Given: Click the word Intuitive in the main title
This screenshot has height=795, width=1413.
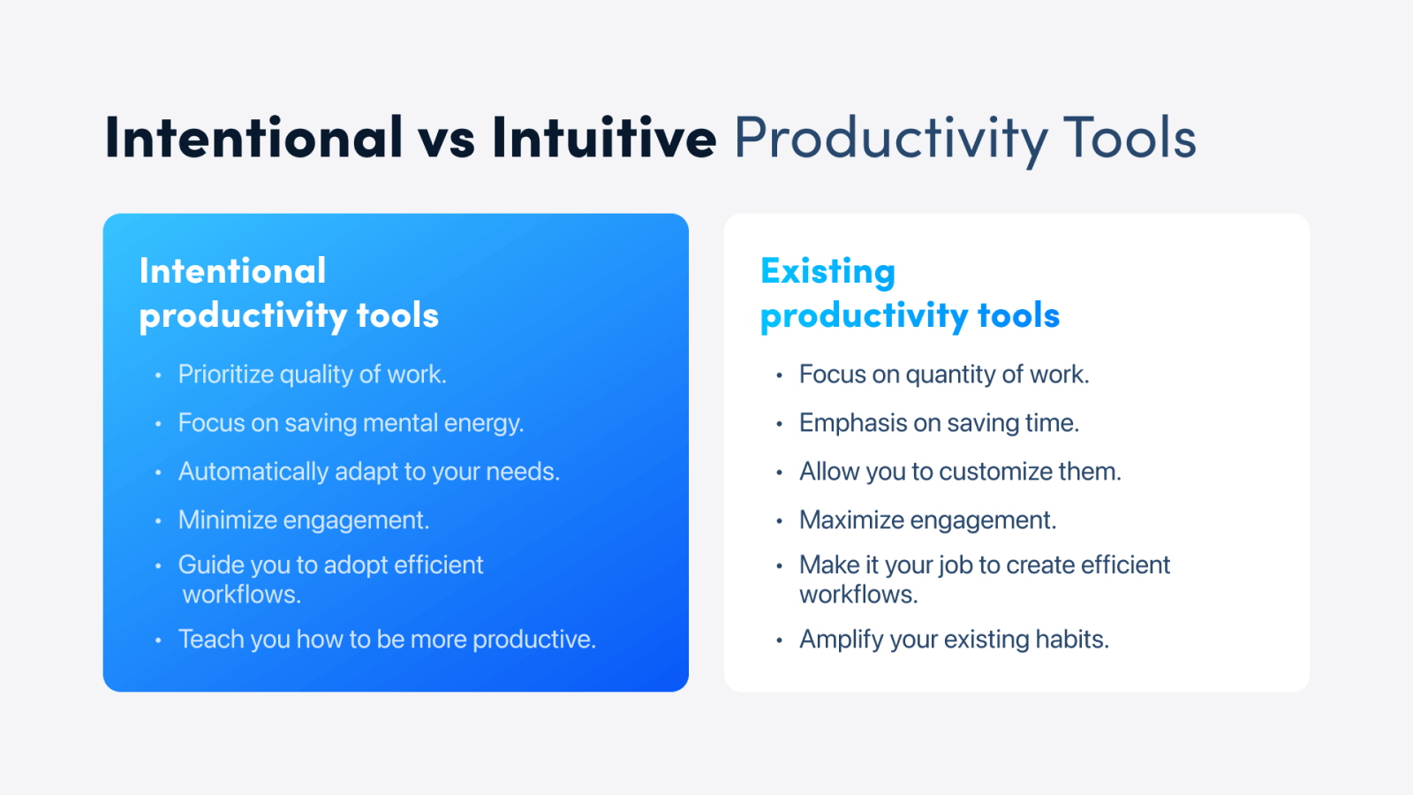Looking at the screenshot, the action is (604, 136).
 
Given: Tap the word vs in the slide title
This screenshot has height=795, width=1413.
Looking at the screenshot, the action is (446, 142).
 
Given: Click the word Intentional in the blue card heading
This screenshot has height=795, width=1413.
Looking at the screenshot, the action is (232, 270).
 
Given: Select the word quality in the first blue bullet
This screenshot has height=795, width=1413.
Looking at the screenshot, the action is (315, 375).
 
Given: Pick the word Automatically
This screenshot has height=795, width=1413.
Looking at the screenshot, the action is (253, 472).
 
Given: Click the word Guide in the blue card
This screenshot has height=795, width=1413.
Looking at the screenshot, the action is (210, 564).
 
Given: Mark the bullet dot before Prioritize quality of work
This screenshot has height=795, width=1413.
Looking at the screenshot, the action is (158, 376).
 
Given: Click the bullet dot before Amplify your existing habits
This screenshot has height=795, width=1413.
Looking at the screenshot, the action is (779, 641).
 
